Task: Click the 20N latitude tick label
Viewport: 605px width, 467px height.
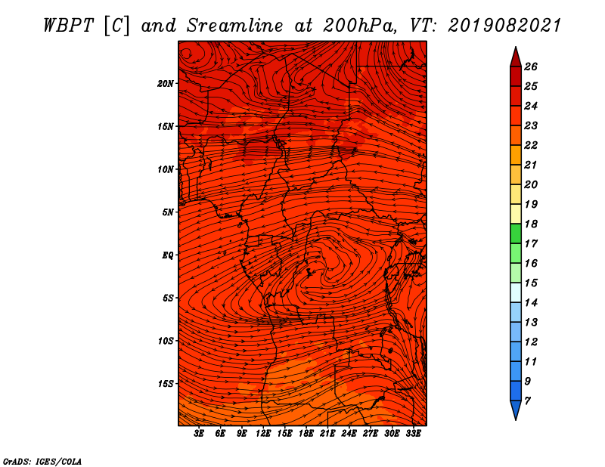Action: coord(166,84)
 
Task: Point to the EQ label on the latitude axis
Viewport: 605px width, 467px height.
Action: coord(167,255)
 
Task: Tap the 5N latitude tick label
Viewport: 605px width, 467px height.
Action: coord(168,212)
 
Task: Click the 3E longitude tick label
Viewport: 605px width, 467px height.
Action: coord(199,434)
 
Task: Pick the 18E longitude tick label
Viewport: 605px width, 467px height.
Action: coord(306,434)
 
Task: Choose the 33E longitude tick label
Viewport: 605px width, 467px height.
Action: coord(413,434)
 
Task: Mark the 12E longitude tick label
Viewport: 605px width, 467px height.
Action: coord(262,434)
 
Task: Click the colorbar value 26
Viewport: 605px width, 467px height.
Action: coord(531,66)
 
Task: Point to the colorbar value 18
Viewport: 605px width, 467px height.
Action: coord(531,224)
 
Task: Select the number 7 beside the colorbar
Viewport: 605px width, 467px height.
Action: coord(527,401)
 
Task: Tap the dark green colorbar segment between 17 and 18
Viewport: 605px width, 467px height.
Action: coord(516,233)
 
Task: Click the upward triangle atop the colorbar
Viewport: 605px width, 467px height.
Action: coord(516,57)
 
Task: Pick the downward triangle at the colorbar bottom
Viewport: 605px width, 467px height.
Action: coord(516,410)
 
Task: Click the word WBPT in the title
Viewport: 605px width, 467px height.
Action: coord(68,26)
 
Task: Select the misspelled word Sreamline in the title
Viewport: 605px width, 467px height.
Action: coord(235,26)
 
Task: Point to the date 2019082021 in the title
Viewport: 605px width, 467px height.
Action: coord(504,26)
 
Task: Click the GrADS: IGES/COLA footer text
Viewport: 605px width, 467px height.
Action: coord(42,462)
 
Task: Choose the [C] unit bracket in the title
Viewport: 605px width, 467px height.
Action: coord(117,26)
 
